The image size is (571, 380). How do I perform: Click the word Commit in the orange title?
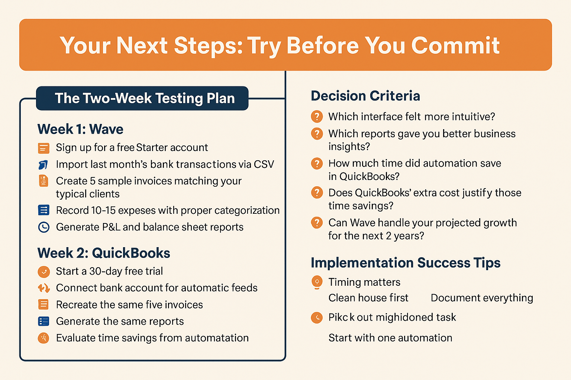(x=455, y=45)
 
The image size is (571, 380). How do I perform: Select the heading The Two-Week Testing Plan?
(x=145, y=98)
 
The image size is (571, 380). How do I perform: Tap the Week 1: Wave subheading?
(x=80, y=129)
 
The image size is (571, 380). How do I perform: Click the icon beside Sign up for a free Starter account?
(x=43, y=148)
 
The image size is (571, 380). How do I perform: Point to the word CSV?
(x=264, y=164)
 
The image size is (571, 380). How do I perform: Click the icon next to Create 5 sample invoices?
(x=43, y=181)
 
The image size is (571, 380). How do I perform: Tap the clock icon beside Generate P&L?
(x=43, y=227)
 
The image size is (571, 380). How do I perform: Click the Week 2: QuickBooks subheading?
(x=104, y=253)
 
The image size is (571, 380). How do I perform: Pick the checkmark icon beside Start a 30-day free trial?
(x=43, y=272)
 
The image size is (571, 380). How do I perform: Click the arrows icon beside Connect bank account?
(x=43, y=288)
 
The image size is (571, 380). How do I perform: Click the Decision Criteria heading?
(x=365, y=96)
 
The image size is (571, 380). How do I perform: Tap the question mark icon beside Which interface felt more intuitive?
(x=317, y=117)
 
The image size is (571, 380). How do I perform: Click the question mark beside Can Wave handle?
(x=317, y=223)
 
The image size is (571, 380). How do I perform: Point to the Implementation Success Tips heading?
(x=406, y=263)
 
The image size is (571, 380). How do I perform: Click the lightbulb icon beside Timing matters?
(x=317, y=282)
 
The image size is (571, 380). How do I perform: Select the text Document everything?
(x=482, y=298)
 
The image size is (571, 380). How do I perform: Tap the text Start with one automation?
(x=390, y=338)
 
